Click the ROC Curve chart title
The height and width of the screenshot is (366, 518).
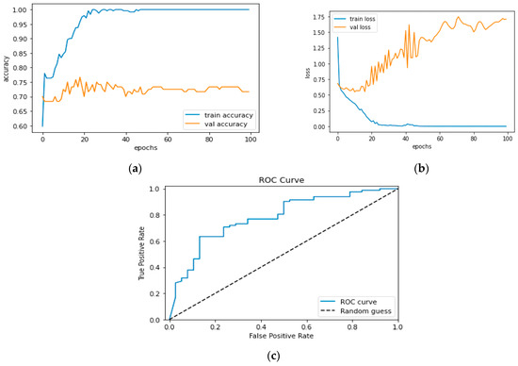[x=282, y=175]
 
